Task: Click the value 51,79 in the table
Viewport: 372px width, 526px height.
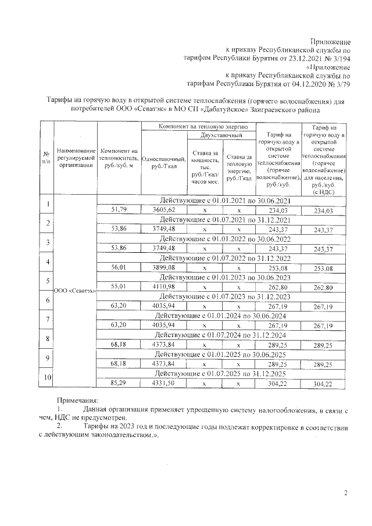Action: coord(118,210)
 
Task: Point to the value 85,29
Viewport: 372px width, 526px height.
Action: coord(118,384)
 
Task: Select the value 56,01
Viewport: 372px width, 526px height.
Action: coord(118,268)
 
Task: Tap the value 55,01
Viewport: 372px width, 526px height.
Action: coord(118,287)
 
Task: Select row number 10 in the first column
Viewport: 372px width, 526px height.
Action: coord(46,378)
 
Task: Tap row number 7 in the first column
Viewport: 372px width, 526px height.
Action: coord(46,320)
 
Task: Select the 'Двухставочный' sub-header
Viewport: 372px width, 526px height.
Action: coord(220,135)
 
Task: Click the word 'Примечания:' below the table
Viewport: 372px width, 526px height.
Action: coord(77,400)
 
